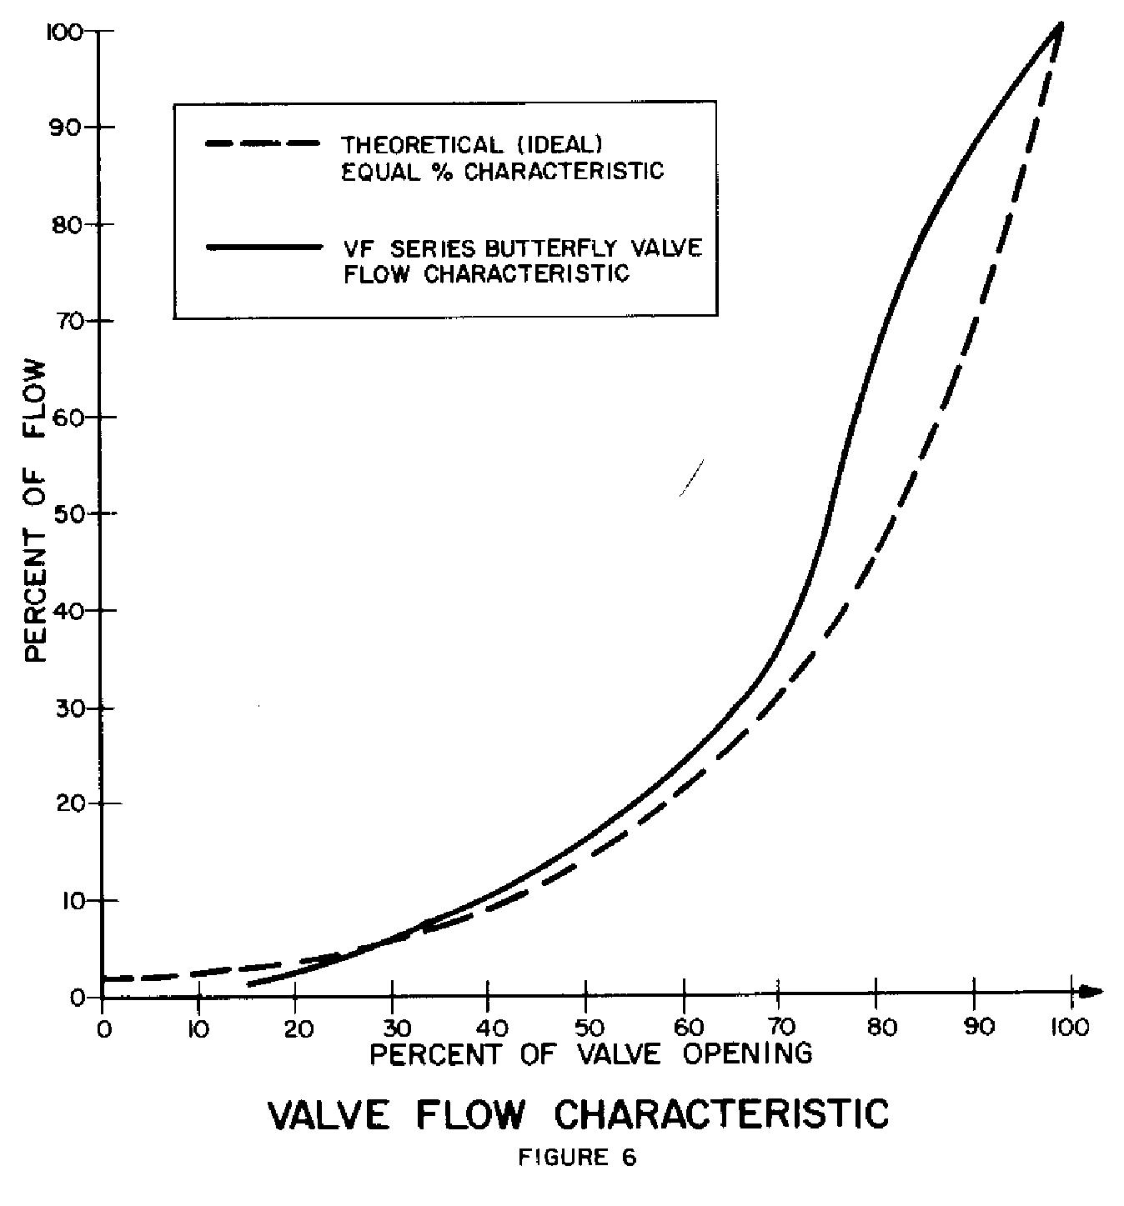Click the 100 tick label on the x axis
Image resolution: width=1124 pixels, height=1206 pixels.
(1069, 1027)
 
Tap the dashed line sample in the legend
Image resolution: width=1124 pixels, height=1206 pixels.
(263, 143)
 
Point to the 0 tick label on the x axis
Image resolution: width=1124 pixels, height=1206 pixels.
(103, 1027)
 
